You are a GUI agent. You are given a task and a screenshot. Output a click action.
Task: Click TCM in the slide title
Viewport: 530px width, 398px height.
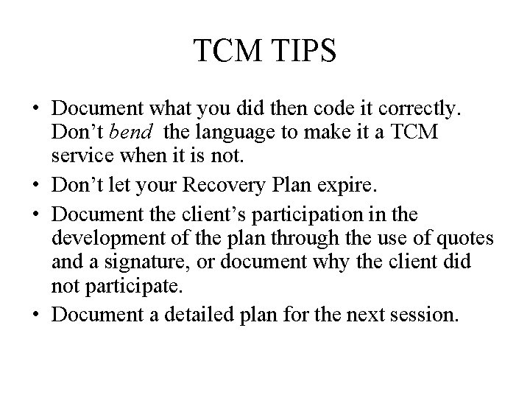point(224,52)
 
